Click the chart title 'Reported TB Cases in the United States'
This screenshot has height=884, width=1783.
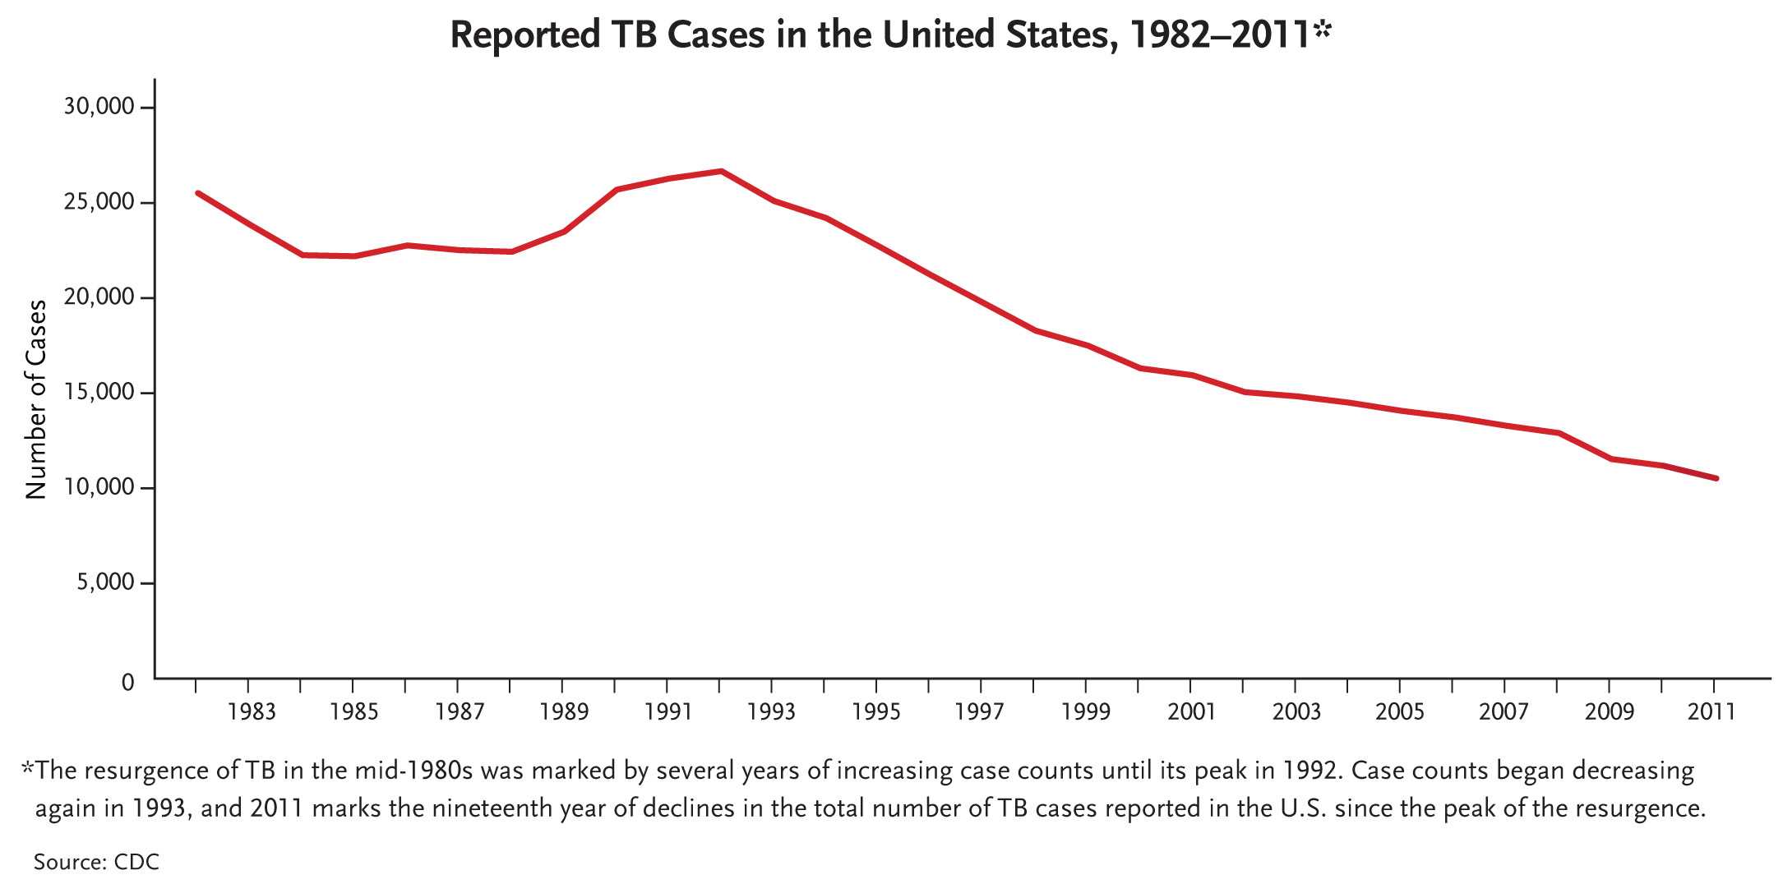880,36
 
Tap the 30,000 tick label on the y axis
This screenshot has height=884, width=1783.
98,107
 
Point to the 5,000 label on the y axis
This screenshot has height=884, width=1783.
104,582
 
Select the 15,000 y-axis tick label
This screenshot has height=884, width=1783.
98,392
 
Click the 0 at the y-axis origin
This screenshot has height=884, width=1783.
127,683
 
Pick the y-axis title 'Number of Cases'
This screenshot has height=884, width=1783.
36,399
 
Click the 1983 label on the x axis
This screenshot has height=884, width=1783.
252,711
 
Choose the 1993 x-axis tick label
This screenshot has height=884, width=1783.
771,711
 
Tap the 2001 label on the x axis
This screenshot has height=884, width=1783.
1191,711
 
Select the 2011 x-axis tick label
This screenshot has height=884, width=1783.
1712,711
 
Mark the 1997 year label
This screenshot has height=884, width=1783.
980,711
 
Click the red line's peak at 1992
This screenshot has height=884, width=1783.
721,171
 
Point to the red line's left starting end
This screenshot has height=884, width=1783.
198,193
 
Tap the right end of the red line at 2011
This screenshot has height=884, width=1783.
1716,478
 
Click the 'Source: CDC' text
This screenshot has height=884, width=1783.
96,862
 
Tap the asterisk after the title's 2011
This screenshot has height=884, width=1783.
1322,30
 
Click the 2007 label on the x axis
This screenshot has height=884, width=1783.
1504,711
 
